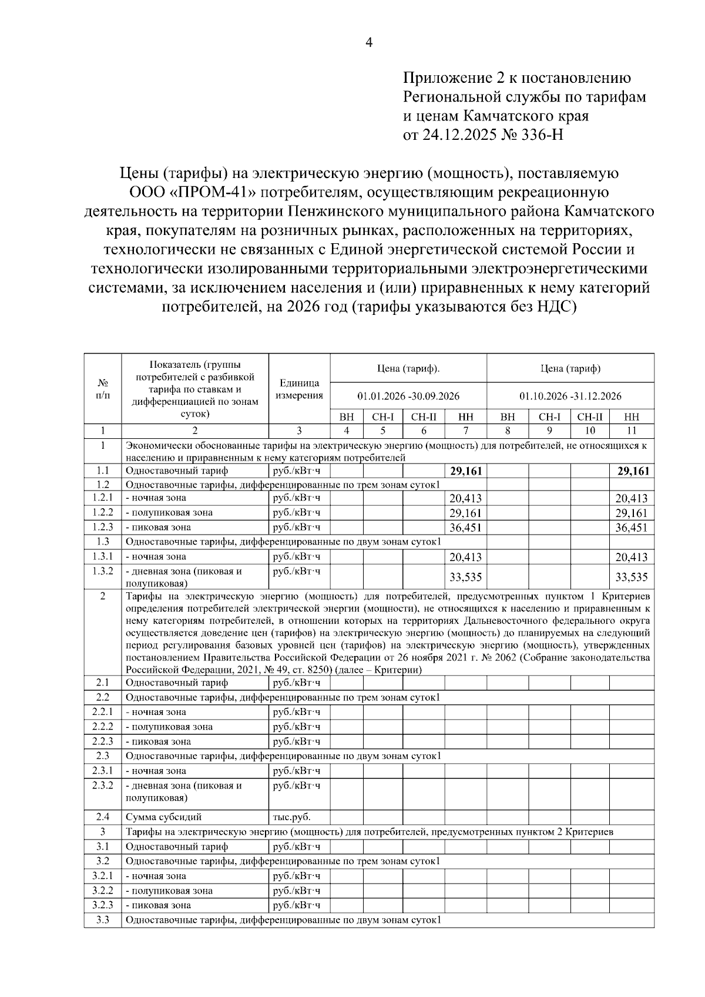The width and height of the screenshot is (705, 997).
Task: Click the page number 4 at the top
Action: point(369,43)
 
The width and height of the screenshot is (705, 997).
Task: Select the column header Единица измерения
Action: point(299,389)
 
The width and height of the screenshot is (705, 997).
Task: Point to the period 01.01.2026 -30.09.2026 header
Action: point(408,396)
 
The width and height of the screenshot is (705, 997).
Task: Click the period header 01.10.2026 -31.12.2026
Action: point(570,396)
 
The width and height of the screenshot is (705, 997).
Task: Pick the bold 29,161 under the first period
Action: point(465,471)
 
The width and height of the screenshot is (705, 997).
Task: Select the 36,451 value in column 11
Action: point(631,528)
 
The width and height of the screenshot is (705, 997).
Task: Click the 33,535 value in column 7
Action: point(465,577)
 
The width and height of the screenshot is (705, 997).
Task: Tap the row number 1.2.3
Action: point(102,527)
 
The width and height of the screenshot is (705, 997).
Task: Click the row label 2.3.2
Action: point(102,785)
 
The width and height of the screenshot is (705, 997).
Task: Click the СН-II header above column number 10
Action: point(589,417)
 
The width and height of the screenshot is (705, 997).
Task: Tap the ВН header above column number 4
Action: point(347,417)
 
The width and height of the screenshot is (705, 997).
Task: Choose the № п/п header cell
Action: point(102,389)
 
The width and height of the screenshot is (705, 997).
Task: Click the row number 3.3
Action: point(102,919)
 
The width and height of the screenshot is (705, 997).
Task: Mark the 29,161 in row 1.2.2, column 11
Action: point(631,513)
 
